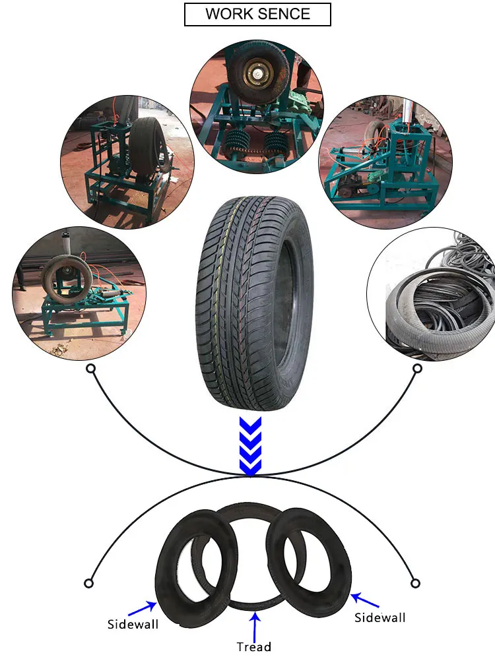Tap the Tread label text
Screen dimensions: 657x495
tap(254, 646)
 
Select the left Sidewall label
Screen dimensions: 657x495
tap(133, 623)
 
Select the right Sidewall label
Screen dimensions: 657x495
tap(380, 617)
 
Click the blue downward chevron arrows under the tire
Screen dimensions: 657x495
tap(250, 446)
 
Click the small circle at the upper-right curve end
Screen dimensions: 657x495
tap(417, 369)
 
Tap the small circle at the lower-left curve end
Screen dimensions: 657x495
tap(88, 583)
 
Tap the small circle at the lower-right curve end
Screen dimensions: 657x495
tap(415, 583)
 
